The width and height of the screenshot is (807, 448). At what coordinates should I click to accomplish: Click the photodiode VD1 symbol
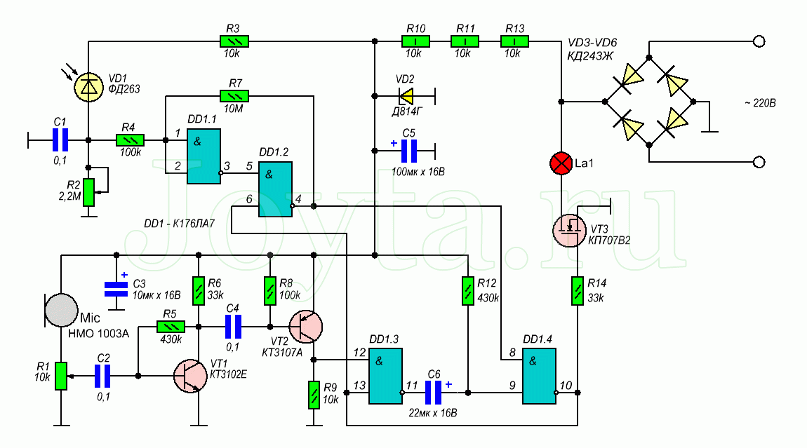88,87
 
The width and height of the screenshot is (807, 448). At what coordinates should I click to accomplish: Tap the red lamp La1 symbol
561,163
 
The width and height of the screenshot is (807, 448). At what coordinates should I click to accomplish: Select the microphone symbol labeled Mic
61,310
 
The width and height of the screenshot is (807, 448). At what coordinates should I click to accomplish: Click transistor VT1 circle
190,376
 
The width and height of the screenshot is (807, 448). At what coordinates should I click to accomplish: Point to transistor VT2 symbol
305,327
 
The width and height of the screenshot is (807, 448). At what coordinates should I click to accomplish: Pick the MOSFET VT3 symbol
569,230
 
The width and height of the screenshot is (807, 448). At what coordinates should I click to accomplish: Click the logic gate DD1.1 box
204,156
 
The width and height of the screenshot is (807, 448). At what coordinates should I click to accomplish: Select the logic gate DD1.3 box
385,376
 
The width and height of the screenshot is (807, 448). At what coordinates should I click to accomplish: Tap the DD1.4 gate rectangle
540,376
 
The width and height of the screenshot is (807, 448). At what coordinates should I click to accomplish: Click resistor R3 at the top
234,41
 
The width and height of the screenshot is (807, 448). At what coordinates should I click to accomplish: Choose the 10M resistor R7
234,95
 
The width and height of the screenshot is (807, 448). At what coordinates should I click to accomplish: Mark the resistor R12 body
468,291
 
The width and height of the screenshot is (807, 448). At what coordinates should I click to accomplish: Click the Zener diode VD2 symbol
406,95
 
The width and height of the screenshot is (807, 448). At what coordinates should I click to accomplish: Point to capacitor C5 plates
408,151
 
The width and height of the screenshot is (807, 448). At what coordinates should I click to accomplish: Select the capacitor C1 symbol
60,140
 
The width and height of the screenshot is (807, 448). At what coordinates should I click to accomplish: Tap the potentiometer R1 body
61,376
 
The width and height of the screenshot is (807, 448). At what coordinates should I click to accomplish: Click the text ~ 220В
760,103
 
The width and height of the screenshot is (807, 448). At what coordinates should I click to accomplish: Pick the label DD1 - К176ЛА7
179,224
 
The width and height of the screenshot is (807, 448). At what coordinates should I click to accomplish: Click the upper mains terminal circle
759,41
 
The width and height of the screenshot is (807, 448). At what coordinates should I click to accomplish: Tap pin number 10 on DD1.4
566,385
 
